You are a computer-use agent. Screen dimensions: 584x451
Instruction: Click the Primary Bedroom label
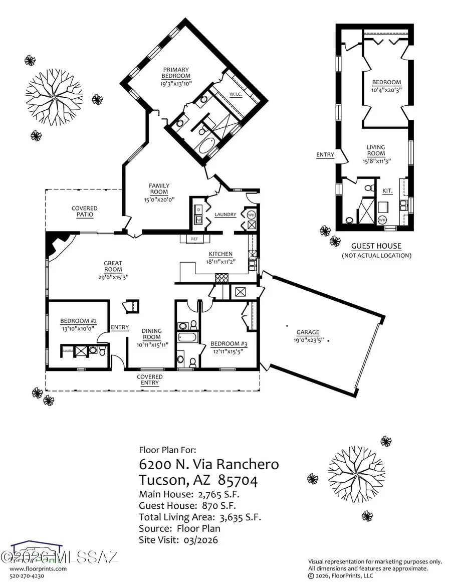pos(175,73)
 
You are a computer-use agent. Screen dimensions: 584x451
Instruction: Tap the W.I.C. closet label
pos(237,94)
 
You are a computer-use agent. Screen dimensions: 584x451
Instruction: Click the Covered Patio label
pos(84,211)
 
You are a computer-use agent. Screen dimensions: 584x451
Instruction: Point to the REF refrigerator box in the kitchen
pos(195,239)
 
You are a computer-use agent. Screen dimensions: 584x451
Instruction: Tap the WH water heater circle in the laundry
pos(252,215)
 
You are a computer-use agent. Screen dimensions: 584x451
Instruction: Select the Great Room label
pos(113,263)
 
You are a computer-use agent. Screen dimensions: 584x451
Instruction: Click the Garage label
pos(307,332)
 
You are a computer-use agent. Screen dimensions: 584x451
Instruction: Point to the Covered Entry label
pos(150,379)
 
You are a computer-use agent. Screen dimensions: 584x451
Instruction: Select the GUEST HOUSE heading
pos(376,246)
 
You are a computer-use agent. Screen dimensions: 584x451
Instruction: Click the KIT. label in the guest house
pos(387,191)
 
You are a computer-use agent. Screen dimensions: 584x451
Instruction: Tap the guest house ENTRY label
pos(325,155)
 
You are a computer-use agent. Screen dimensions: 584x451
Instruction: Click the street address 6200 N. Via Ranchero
pos(208,464)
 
